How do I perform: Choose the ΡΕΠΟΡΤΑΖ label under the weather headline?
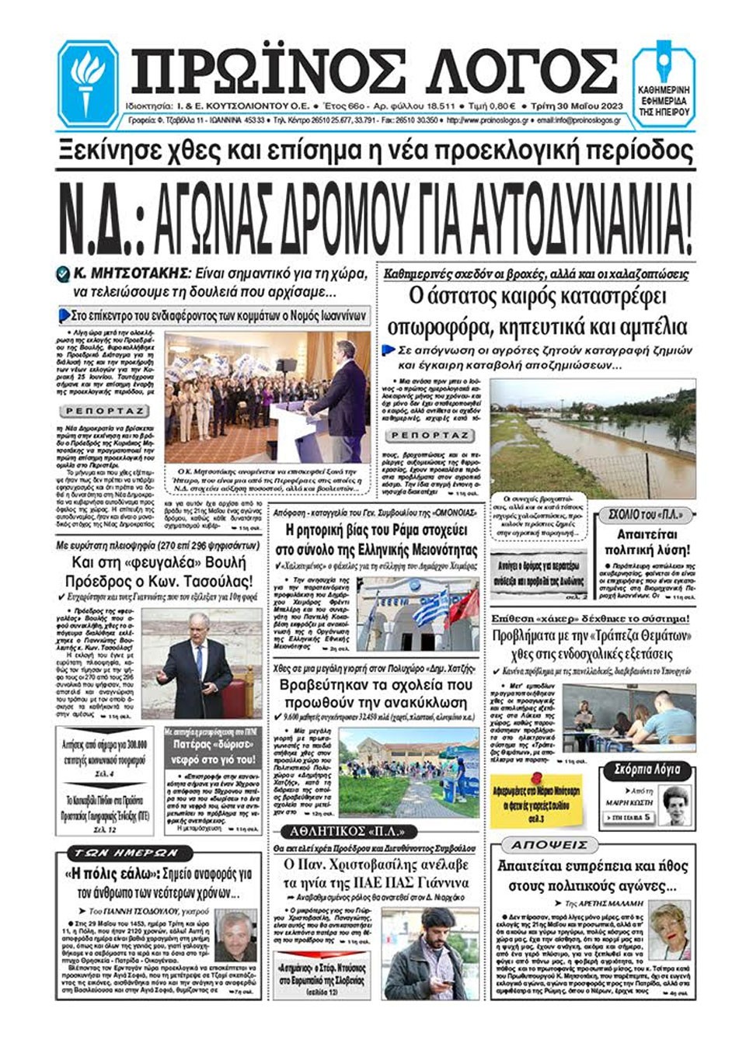click(430, 436)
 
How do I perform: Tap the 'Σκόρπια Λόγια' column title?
click(647, 770)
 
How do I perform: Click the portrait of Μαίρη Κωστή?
click(676, 805)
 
